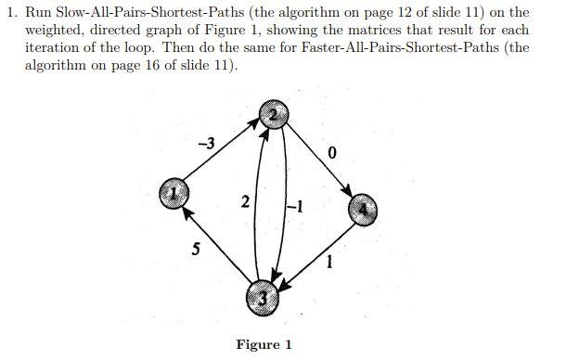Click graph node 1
tap(174, 194)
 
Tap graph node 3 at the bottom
tap(264, 298)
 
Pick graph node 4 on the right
tap(364, 210)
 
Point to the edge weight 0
tap(331, 152)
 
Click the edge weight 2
tap(244, 203)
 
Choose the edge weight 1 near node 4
tap(328, 264)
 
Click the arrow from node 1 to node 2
tap(223, 155)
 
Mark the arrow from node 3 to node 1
tap(217, 244)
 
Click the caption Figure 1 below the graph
tap(264, 344)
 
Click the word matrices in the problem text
tap(395, 31)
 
